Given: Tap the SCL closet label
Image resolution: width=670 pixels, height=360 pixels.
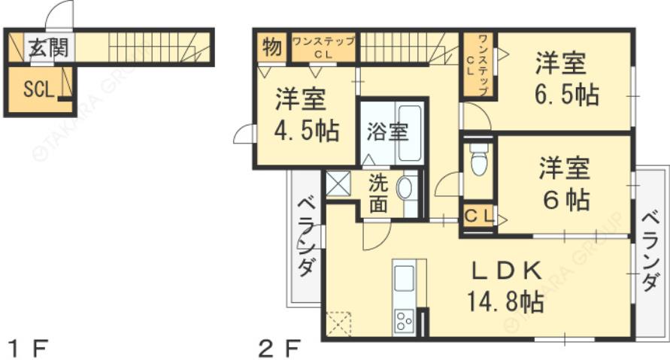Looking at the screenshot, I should click(x=38, y=89).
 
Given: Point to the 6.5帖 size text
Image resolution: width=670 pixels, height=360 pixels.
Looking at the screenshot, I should click(x=566, y=95).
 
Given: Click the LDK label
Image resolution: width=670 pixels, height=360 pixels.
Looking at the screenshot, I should click(x=506, y=270).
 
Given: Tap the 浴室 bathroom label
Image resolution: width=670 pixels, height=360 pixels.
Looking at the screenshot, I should click(x=387, y=132).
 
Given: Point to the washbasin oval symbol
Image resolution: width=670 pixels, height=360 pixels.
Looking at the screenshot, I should click(x=405, y=189).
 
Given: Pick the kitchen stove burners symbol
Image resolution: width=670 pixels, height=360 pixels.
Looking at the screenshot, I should click(x=404, y=321).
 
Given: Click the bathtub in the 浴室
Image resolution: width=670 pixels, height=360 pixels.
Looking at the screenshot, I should click(x=411, y=133).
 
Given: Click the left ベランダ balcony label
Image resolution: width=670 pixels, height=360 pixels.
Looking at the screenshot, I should click(x=305, y=237).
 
